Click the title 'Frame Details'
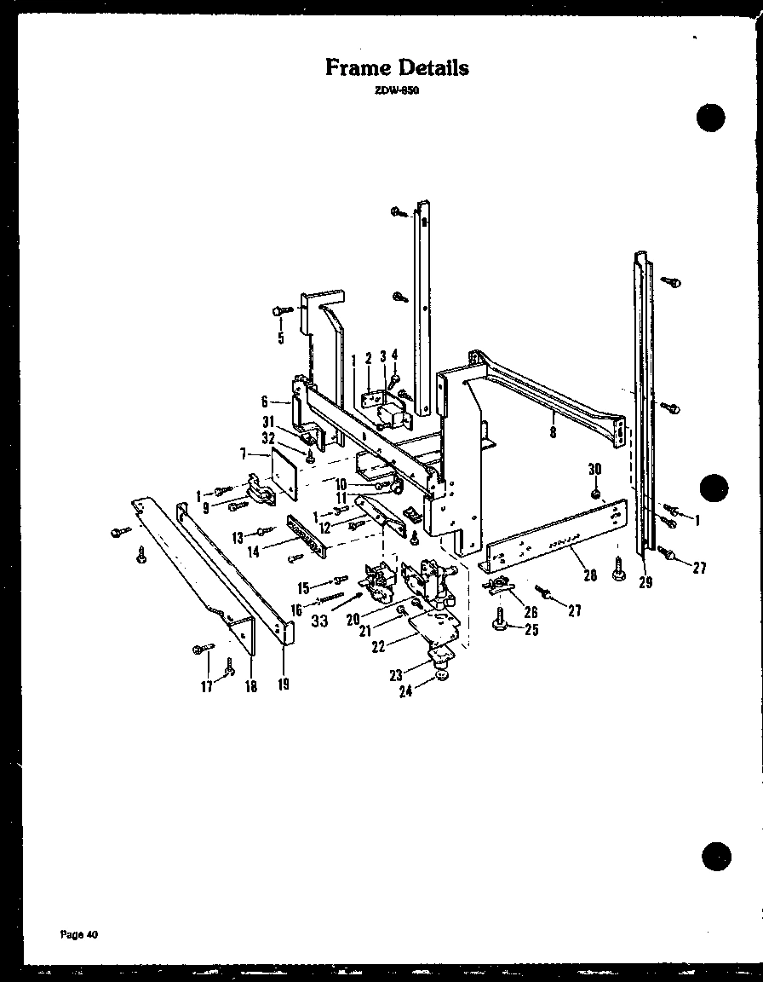coord(397,67)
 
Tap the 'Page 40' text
coord(80,934)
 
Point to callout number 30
coord(594,469)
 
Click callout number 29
coord(645,583)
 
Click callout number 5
coord(280,338)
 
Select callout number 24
coord(405,691)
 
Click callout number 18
coord(251,687)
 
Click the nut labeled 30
coord(595,494)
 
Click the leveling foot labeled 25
coord(500,625)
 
